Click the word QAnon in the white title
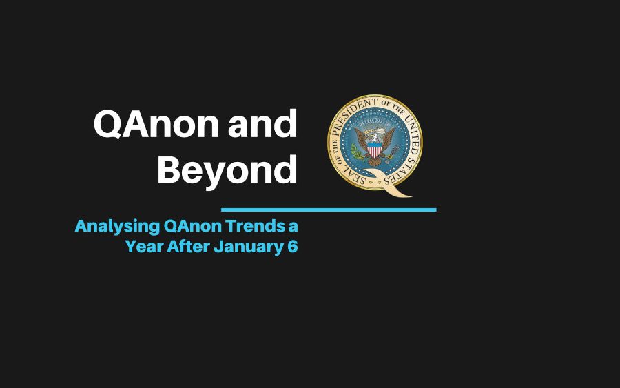[156, 124]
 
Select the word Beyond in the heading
[227, 171]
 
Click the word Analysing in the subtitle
[117, 227]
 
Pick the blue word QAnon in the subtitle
[193, 226]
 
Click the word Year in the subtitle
[144, 247]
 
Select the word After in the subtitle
[188, 247]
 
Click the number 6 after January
[293, 247]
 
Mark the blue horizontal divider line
[329, 210]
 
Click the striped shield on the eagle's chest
[375, 150]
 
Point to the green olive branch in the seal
[358, 152]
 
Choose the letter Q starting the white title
[107, 125]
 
